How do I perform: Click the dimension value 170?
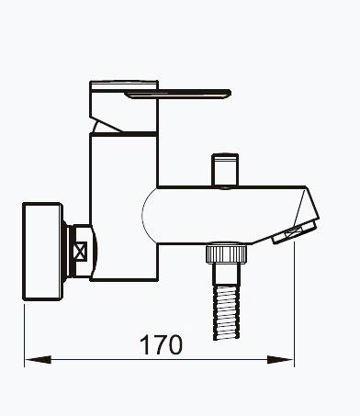coord(161,345)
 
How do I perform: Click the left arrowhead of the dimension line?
coord(38,359)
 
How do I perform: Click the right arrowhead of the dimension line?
coord(280,359)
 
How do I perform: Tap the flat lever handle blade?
coord(177,95)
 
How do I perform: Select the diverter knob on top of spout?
coord(225,170)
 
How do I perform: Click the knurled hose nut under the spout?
coord(226,253)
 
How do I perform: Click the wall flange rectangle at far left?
coord(43,252)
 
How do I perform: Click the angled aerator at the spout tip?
coord(294,232)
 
